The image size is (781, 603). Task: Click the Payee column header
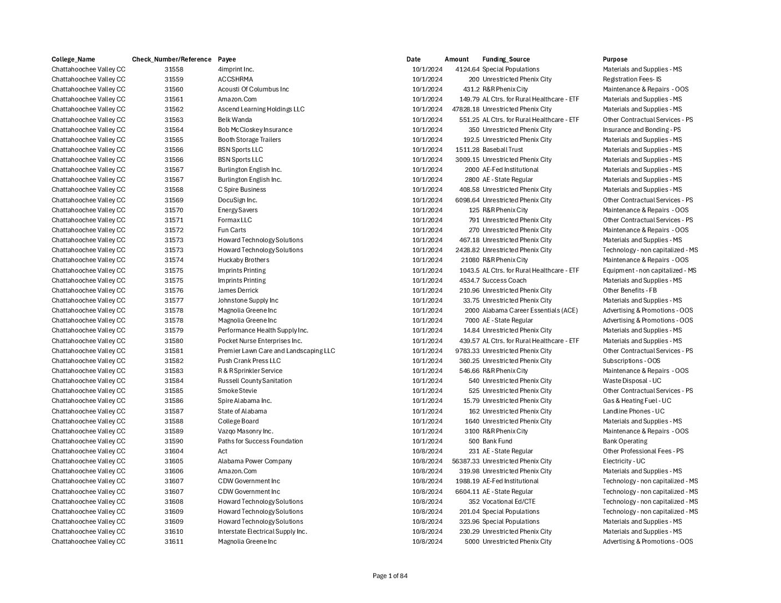[x=226, y=59]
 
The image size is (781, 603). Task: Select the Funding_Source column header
[x=506, y=59]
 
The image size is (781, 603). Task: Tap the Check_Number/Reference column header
[x=171, y=59]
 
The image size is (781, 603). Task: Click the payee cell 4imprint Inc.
[x=236, y=69]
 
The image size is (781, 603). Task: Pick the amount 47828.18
[x=465, y=109]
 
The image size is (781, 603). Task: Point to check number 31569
[x=174, y=200]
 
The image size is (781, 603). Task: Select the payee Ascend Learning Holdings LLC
[x=261, y=109]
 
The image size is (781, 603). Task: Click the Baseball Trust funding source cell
[x=503, y=150]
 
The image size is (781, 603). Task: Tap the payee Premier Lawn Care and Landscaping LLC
[x=276, y=351]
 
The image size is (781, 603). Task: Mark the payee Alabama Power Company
[x=255, y=461]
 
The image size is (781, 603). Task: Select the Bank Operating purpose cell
[x=625, y=441]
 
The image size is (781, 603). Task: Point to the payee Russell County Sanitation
[x=255, y=381]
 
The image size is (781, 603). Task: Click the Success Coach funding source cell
[x=504, y=280]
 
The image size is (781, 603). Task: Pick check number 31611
[x=174, y=541]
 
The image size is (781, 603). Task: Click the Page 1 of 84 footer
[x=390, y=576]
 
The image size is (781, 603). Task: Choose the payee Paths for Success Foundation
[x=260, y=441]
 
